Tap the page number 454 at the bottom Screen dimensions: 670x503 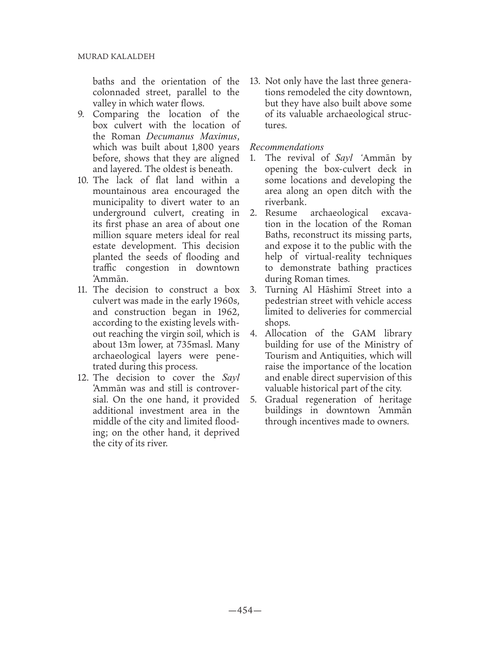[x=245, y=610]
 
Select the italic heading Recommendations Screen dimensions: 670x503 [x=287, y=147]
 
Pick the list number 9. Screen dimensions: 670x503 [x=81, y=114]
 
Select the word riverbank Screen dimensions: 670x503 [x=285, y=202]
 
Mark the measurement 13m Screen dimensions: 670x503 [x=129, y=345]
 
